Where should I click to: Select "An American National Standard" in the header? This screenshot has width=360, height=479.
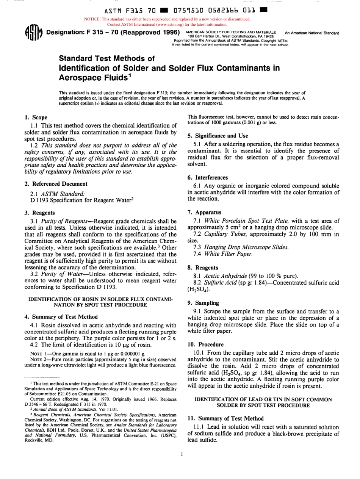click(312, 33)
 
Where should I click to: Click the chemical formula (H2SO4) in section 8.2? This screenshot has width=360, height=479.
click(199, 280)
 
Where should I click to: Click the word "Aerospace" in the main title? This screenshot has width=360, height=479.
click(81, 78)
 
